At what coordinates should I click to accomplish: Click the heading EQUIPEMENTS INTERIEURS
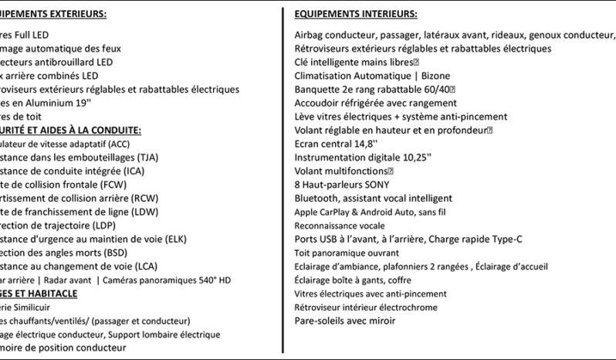click(356, 15)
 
